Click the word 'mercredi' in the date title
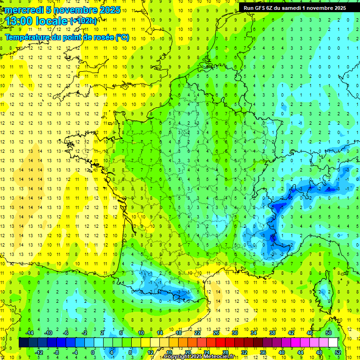point(22,10)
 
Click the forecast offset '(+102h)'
point(83,21)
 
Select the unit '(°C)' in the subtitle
point(123,37)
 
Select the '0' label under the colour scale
point(93,352)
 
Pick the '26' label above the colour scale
point(216,332)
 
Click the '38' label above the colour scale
point(272,332)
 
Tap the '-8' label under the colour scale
point(56,352)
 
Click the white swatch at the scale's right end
point(333,342)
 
